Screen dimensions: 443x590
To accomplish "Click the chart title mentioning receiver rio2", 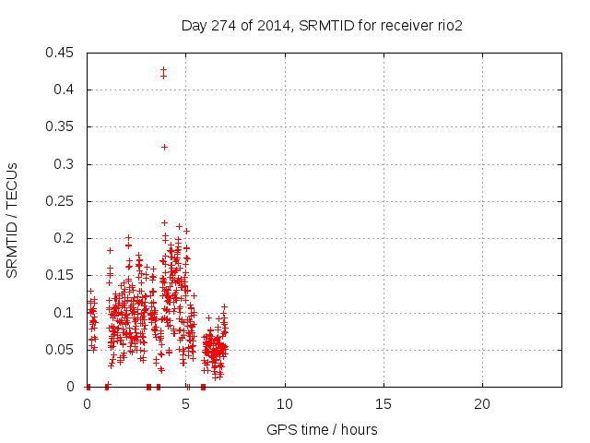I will (x=322, y=26).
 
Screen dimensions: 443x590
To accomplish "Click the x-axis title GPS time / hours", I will (x=322, y=429).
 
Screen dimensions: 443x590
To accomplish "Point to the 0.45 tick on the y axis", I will (x=63, y=53).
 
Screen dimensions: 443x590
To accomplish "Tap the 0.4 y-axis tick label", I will (x=66, y=90).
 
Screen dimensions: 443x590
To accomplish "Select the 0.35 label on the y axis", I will (x=63, y=126).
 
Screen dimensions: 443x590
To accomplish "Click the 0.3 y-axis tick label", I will (x=66, y=164).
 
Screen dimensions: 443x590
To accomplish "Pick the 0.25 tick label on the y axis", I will (x=63, y=201).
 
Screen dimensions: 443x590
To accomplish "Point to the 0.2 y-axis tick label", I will (x=66, y=238).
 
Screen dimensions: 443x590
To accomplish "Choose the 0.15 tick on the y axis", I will (x=63, y=275).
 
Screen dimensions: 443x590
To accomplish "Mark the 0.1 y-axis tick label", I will (x=66, y=313).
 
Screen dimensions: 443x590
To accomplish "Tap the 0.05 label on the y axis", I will (x=63, y=350).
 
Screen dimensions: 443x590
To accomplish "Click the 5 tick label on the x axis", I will (x=186, y=404).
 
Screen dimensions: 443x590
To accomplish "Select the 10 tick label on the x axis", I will (x=285, y=404).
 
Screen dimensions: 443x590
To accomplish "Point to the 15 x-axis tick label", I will (x=383, y=404).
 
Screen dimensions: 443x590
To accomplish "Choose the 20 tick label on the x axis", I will (x=482, y=404).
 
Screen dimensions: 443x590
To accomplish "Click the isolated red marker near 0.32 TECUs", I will (x=164, y=147).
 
